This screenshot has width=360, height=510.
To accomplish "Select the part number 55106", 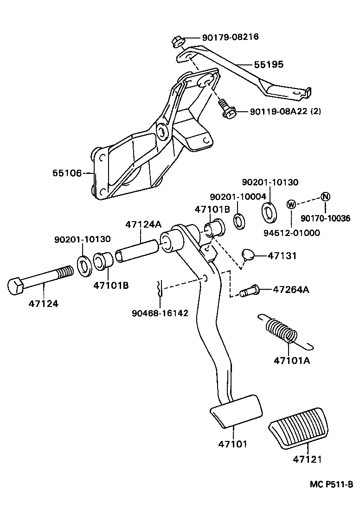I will (x=66, y=173).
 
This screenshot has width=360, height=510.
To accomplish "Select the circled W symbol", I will (x=291, y=204).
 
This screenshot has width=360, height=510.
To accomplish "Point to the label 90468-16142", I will (x=160, y=313).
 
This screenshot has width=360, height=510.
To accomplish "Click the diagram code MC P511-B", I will (x=331, y=484).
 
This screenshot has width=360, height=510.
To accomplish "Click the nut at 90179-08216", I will (x=177, y=41).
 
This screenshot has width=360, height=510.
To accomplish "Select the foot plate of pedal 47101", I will (x=235, y=410).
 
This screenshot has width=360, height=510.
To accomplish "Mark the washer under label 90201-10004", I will (x=240, y=221).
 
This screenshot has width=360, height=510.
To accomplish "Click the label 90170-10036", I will (x=325, y=219).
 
